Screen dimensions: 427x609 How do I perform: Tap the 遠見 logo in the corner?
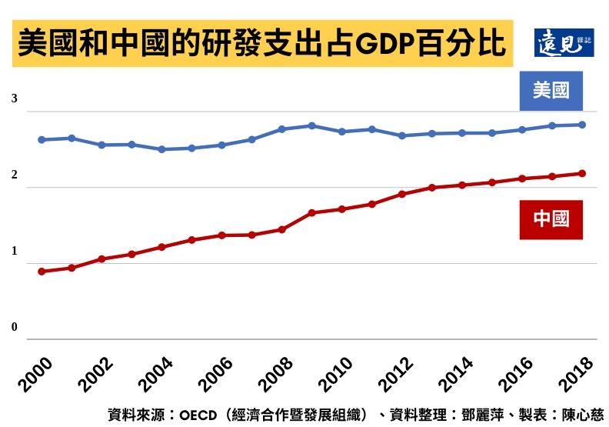(564, 42)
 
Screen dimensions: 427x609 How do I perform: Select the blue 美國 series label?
(551, 91)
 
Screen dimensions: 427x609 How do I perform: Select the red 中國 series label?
(551, 219)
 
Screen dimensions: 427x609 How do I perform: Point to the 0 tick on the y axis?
(14, 328)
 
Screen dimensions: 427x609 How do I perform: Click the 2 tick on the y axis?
(14, 175)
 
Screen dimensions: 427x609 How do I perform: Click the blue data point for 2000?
(42, 140)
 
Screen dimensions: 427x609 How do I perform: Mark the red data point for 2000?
(42, 272)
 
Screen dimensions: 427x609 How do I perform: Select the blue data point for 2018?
(582, 125)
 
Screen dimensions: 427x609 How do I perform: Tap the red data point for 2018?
(582, 173)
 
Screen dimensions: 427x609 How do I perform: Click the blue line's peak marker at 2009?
(311, 125)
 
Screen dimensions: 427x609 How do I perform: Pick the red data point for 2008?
(281, 229)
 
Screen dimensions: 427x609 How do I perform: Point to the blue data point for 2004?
(161, 149)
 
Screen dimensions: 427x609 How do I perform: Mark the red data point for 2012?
(401, 194)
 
